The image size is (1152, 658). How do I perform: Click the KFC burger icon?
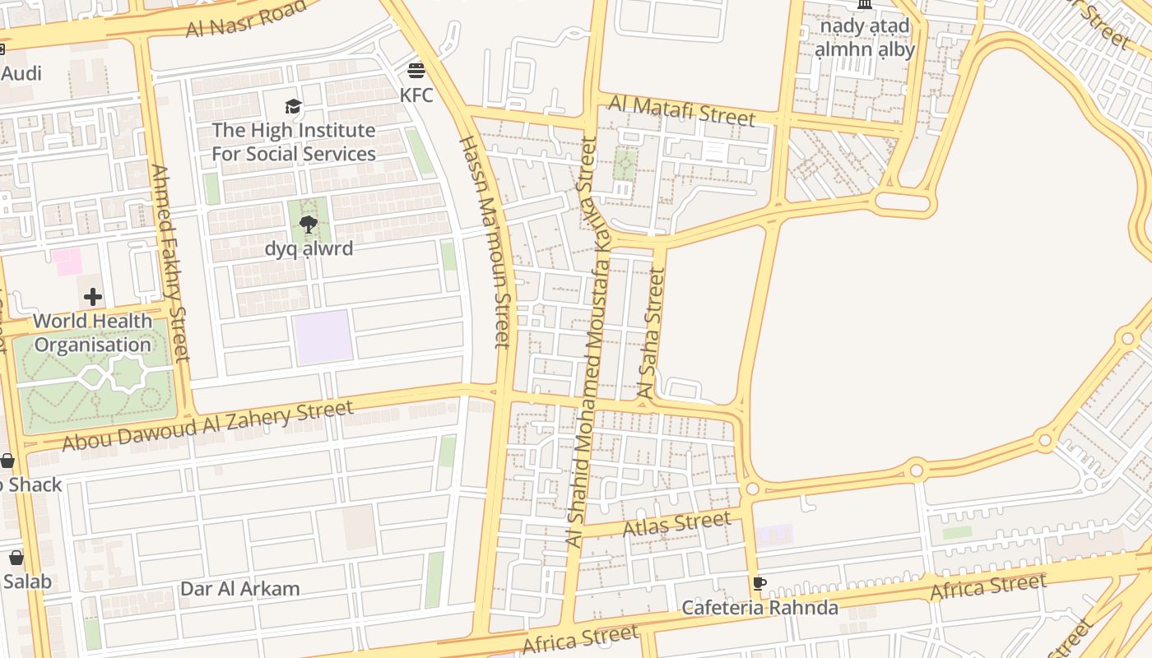click(x=416, y=70)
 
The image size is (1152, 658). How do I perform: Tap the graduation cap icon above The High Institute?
click(x=293, y=106)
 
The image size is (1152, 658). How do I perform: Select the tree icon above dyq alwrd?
click(x=309, y=224)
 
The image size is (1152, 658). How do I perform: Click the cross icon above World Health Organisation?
click(x=93, y=296)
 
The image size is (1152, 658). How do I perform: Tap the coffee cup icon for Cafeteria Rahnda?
click(x=759, y=584)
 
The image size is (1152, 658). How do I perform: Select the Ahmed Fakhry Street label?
click(x=170, y=262)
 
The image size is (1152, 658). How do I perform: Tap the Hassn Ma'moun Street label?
click(x=485, y=242)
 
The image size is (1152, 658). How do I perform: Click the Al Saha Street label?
click(x=651, y=333)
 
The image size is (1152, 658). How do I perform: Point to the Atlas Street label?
click(x=676, y=523)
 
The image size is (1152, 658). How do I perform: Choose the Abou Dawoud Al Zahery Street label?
click(x=207, y=425)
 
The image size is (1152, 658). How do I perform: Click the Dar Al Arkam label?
click(x=239, y=589)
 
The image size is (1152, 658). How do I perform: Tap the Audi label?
click(x=21, y=73)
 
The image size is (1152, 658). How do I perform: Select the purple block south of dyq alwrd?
click(x=323, y=337)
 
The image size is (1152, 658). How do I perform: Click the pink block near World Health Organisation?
click(x=67, y=262)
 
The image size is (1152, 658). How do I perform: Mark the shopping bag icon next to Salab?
click(x=16, y=558)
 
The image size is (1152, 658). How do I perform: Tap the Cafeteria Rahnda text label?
click(x=759, y=608)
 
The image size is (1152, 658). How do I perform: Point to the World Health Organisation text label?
click(x=93, y=332)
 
